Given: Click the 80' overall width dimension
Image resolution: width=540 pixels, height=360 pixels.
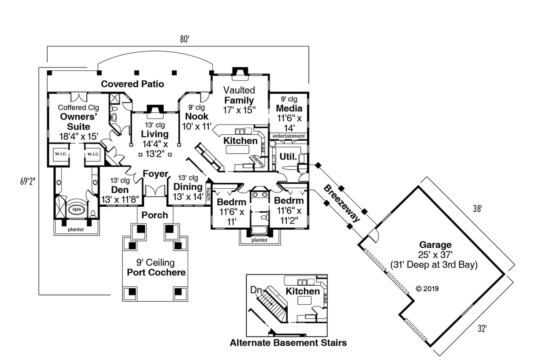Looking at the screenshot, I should pos(184,39).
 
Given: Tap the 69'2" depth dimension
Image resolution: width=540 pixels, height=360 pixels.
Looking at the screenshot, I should pos(27,181).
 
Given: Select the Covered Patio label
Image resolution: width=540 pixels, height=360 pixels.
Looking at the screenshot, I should pos(132,84).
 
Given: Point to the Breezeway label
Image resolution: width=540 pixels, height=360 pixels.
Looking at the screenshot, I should pos(342,203).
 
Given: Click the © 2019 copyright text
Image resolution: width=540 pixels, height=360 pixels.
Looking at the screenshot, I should pos(427,289).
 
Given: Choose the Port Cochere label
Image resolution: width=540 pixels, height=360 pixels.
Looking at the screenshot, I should pos(156,272).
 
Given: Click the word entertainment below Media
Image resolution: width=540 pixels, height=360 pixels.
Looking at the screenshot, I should pos(289,136).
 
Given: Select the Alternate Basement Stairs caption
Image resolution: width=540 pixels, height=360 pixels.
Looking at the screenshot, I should pos(288,343).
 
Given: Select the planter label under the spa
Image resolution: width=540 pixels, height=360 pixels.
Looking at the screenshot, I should pos(76,230).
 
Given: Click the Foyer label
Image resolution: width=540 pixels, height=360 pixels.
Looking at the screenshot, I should pos(155,174).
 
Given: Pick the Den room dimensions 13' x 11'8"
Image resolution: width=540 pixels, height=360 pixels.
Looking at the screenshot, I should pos(120,199).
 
